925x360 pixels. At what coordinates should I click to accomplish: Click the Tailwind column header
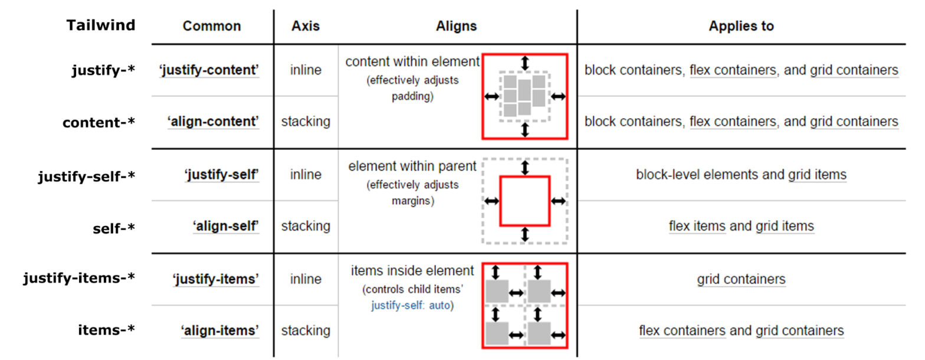click(x=101, y=25)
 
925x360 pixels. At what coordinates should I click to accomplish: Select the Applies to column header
click(x=741, y=26)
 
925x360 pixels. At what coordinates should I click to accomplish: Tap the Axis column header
click(x=305, y=26)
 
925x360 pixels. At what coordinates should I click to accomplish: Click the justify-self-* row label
click(x=86, y=176)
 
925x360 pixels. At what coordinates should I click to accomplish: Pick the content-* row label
click(x=99, y=122)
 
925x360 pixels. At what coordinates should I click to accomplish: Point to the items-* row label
click(x=107, y=330)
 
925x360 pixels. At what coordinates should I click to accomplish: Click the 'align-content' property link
click(x=212, y=122)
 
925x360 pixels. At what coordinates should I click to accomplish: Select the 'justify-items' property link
click(x=215, y=279)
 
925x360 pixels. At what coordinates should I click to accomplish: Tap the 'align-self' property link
click(x=225, y=226)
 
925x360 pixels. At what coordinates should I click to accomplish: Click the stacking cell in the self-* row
click(x=306, y=226)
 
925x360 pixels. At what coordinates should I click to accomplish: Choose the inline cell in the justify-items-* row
click(x=306, y=279)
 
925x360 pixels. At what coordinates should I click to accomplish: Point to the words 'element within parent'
click(x=412, y=166)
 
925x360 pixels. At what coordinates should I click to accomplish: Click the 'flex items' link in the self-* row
click(x=697, y=226)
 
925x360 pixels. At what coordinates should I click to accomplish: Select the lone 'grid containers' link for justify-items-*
click(x=741, y=279)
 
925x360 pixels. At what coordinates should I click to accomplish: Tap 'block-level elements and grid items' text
click(x=741, y=175)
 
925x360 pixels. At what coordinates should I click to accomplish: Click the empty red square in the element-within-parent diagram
click(x=525, y=177)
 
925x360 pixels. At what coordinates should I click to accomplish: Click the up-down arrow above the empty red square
click(x=525, y=168)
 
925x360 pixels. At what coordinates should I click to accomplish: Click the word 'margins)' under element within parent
click(x=412, y=201)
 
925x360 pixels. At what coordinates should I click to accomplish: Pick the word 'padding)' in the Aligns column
click(x=412, y=96)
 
